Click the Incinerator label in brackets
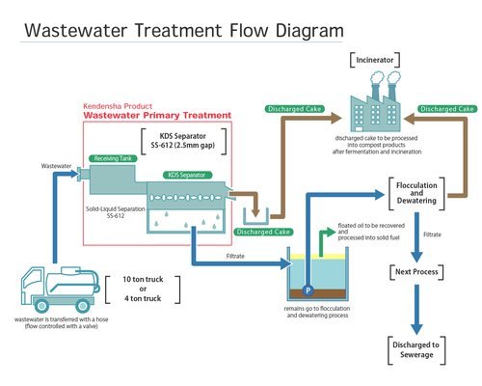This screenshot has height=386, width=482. pos(375,60)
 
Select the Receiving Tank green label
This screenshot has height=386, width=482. pos(113,158)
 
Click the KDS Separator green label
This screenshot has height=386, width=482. pos(187,175)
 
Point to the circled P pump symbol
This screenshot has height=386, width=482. pos(308,290)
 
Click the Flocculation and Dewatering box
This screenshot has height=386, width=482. pos(416,193)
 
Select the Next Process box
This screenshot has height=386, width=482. pos(416,272)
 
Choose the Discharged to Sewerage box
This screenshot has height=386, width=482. pos(416,350)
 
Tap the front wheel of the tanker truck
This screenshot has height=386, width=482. pos(41,306)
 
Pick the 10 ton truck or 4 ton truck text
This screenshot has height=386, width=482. pos(143,289)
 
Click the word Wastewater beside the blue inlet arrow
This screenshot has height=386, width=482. pos(56,166)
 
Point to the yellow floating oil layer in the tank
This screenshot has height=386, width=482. pos(318,257)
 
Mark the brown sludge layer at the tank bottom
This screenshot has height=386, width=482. pos(318,293)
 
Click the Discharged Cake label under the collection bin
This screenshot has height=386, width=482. pos(263,232)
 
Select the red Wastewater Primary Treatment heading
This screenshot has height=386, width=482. pos(157,115)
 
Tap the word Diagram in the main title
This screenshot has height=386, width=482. pos(309,31)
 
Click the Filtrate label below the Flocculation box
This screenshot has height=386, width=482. pos(432,234)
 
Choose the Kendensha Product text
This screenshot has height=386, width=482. pos(118,106)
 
